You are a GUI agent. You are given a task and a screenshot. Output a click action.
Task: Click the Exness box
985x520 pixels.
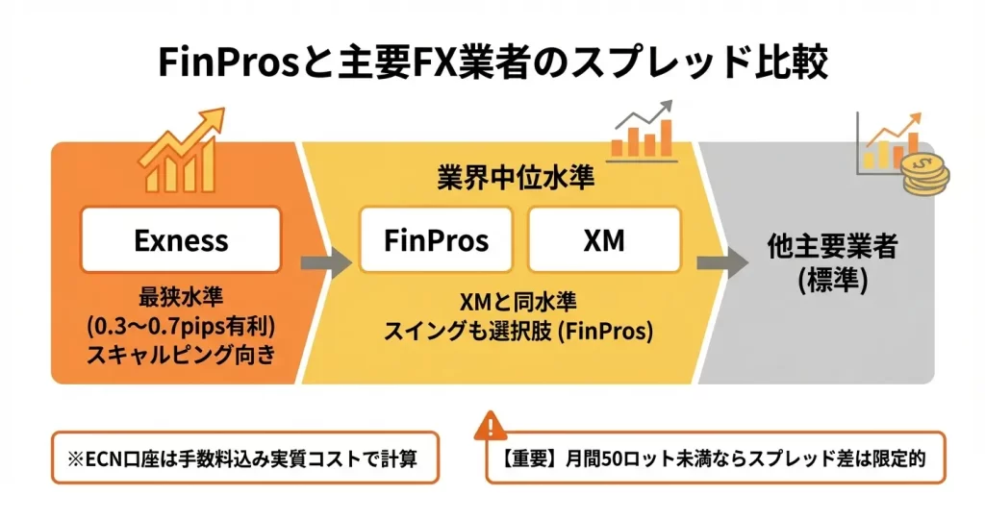coord(182,239)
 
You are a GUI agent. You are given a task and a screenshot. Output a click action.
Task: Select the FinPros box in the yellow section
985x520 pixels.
coord(436,239)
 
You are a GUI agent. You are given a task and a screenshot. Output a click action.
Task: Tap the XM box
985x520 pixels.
coord(603,239)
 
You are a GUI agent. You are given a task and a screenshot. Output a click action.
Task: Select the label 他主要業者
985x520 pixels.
coord(819,247)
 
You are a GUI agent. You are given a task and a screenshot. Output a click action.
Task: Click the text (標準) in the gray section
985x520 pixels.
coord(819,280)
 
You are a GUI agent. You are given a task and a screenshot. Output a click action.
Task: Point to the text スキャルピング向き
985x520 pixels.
coord(181,354)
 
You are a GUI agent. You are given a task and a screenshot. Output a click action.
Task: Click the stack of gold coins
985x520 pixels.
coord(924,175)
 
